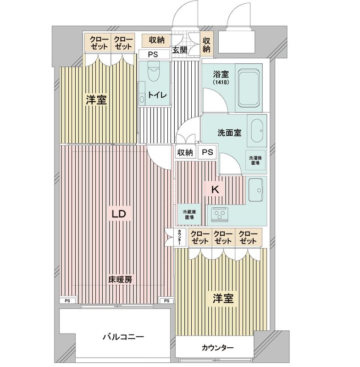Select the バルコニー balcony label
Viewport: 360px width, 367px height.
[x=123, y=337]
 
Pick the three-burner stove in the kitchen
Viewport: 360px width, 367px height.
[x=221, y=214]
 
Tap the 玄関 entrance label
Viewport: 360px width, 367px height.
[x=179, y=50]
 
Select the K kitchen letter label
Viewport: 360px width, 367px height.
[x=214, y=189]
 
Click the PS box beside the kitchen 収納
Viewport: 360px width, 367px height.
[x=207, y=152]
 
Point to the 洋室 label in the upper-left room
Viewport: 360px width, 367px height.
[x=96, y=100]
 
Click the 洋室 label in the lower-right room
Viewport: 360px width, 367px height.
[x=223, y=299]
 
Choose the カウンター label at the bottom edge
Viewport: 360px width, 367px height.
[x=217, y=348]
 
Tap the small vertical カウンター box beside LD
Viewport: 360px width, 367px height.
[x=180, y=239]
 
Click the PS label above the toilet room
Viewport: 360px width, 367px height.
[x=152, y=55]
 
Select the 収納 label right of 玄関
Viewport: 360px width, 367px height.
[x=206, y=44]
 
